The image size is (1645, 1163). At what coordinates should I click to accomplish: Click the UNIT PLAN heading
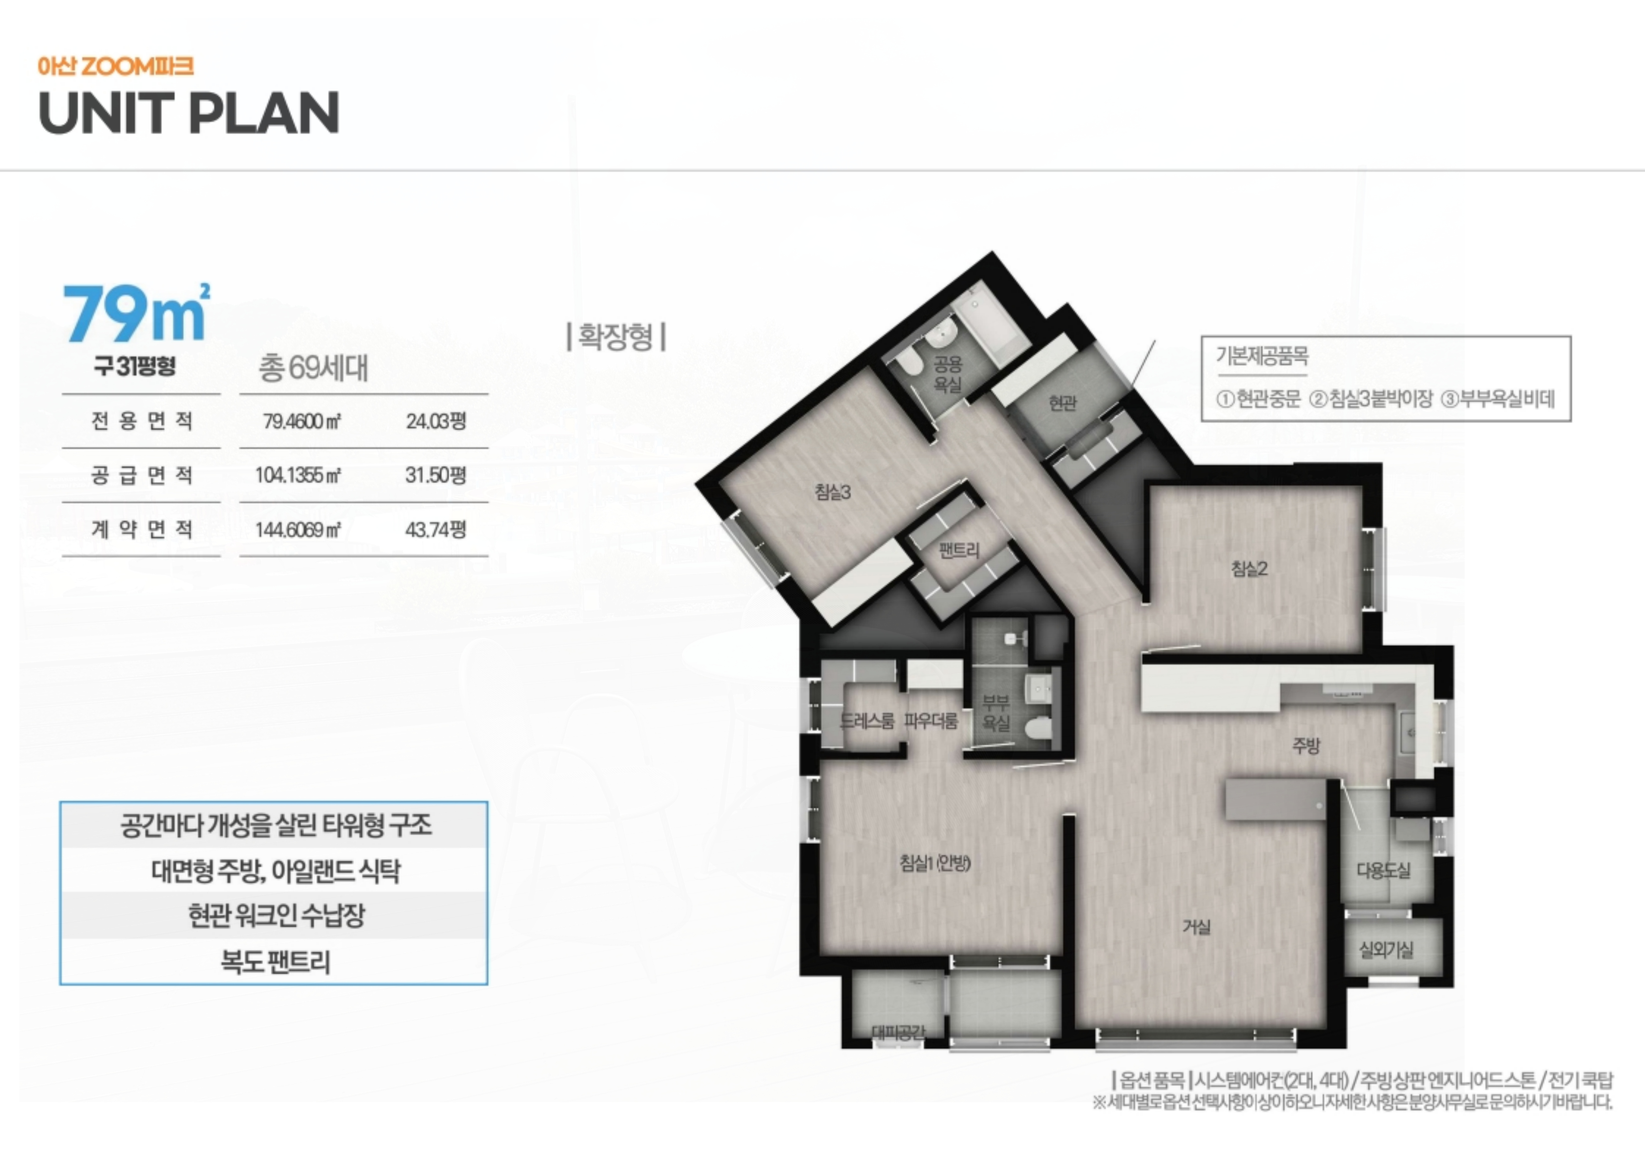tap(188, 113)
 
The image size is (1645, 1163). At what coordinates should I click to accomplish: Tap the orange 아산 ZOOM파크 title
tap(115, 67)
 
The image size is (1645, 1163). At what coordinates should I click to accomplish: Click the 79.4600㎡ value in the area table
tap(302, 421)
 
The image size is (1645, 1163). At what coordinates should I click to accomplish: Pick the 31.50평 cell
tap(436, 475)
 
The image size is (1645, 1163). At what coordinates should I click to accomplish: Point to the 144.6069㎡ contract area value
tap(298, 530)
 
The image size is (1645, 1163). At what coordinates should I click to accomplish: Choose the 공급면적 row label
tap(142, 475)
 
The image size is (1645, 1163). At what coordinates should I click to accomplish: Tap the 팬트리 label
tap(959, 550)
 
